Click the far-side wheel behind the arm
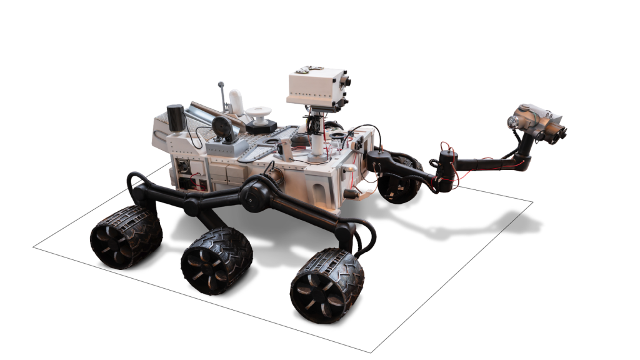tap(398, 182)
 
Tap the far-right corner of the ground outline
tap(532, 202)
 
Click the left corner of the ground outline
tap(33, 247)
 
